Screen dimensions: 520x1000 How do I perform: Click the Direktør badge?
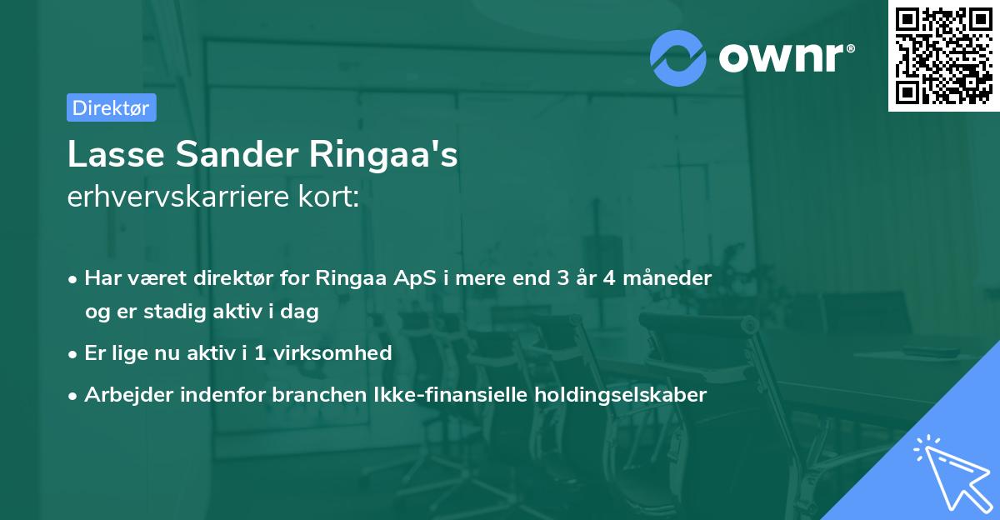111,107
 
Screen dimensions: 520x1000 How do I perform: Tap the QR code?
944,55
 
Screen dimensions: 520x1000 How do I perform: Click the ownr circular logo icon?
678,57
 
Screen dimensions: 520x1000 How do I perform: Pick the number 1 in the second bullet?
259,352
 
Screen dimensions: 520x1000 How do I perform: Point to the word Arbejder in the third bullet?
124,394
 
